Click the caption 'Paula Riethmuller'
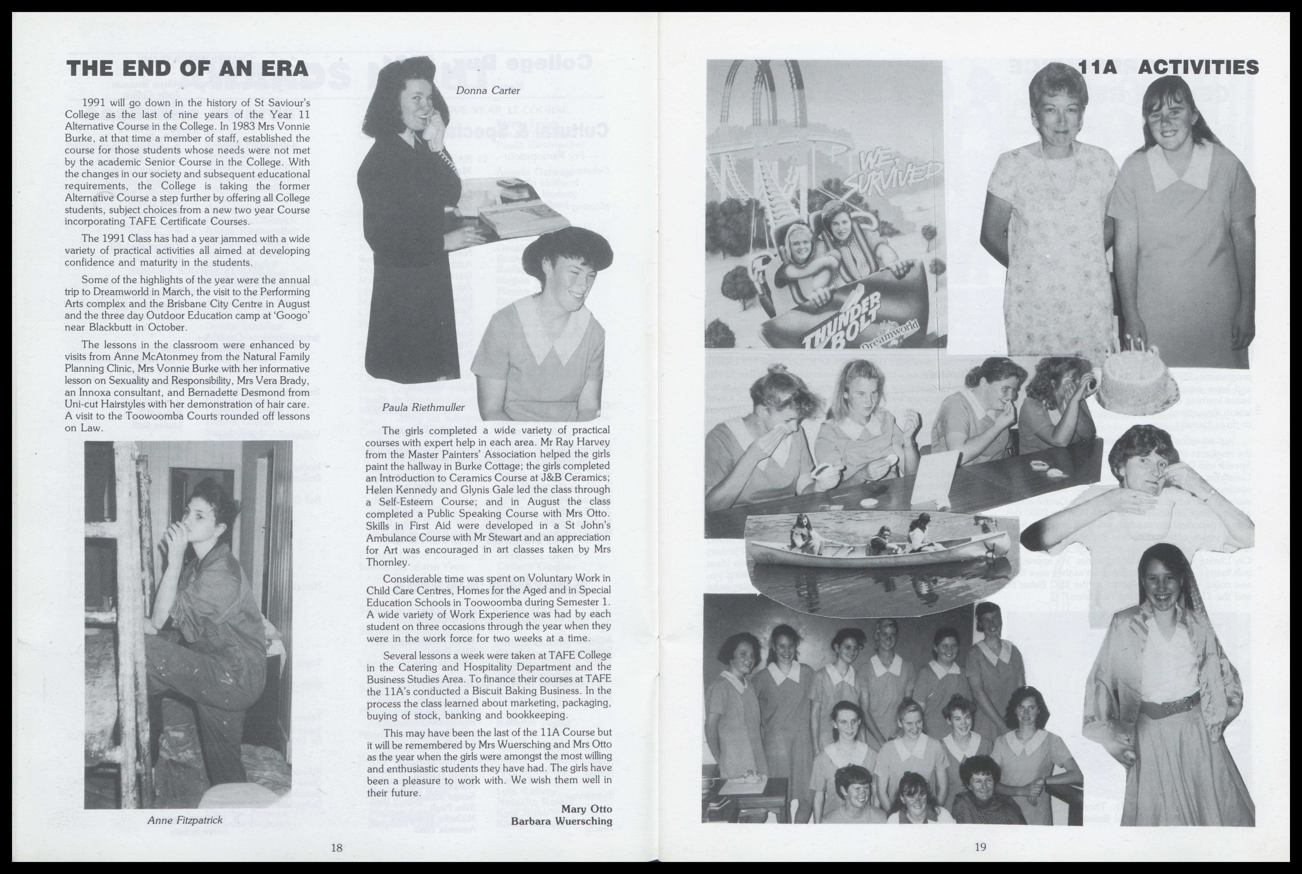point(423,408)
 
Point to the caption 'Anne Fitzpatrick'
point(185,820)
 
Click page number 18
point(336,848)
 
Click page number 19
point(980,847)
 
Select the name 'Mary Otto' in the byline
point(586,809)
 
